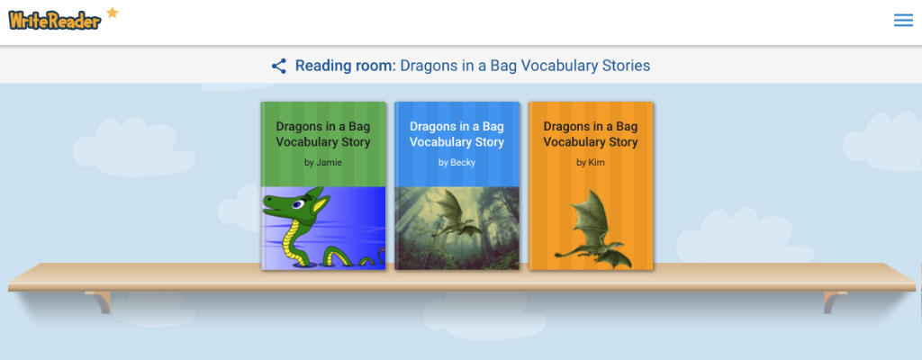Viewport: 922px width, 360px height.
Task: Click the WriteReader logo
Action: tap(55, 20)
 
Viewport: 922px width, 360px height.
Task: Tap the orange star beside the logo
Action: tap(112, 12)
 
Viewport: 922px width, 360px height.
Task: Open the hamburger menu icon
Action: tap(903, 21)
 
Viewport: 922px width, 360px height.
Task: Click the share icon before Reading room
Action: tap(279, 66)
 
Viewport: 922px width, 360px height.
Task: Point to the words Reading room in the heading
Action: tap(346, 66)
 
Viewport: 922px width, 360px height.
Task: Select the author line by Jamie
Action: tap(323, 162)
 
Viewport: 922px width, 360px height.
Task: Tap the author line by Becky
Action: tap(456, 162)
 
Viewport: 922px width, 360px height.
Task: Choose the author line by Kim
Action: tap(591, 162)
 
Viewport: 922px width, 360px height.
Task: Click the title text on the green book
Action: tap(323, 134)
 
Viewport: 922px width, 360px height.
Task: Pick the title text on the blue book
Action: tap(456, 134)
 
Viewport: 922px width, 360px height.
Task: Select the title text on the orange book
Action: tap(591, 134)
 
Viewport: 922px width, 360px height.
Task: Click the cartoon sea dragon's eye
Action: tap(298, 204)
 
